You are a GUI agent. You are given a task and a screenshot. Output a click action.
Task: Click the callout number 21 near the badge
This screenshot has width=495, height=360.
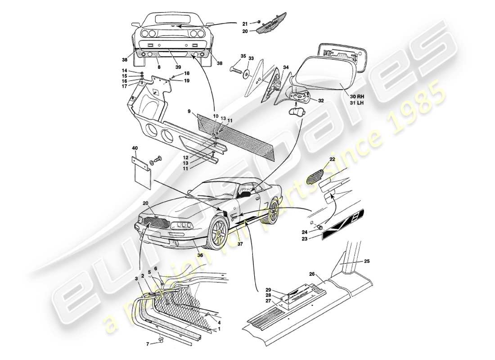[x=245, y=23]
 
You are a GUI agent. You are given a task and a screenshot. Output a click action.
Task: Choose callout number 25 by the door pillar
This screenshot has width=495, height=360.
[x=367, y=261]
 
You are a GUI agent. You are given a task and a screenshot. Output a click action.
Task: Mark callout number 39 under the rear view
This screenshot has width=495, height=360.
[x=178, y=67]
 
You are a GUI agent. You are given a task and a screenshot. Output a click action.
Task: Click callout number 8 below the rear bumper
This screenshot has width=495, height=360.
[x=159, y=67]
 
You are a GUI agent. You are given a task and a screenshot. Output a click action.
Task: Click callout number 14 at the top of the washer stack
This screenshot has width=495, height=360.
[x=137, y=71]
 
